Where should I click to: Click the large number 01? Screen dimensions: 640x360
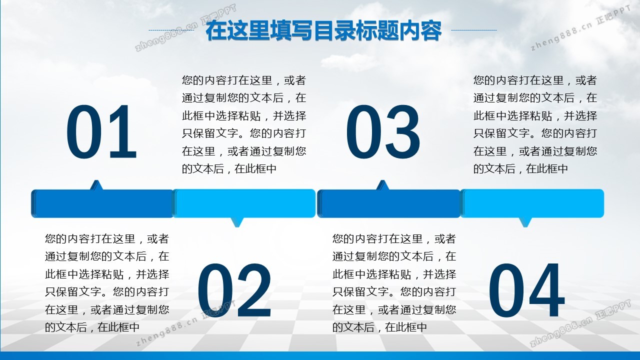[x=101, y=131]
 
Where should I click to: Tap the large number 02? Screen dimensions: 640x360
[x=234, y=290]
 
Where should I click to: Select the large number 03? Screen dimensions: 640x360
[x=383, y=131]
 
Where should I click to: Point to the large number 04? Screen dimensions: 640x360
[x=526, y=290]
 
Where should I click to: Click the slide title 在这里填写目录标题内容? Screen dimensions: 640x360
[x=323, y=30]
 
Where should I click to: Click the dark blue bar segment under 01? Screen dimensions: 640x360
[x=102, y=203]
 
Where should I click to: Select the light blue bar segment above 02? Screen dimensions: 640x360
[x=244, y=203]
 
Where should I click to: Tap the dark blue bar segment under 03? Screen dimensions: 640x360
[x=389, y=203]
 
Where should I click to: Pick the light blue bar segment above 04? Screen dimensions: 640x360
[x=532, y=203]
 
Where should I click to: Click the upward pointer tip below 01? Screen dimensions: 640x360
[x=96, y=180]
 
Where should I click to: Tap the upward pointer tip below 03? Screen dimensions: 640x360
[x=382, y=180]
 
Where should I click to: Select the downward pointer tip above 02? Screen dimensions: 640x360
[x=237, y=227]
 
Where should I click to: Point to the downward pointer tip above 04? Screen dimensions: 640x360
[x=525, y=227]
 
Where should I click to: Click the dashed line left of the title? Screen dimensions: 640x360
[x=171, y=30]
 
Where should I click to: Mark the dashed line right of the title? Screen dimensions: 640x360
[x=473, y=30]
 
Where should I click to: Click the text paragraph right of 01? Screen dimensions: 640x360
[x=244, y=124]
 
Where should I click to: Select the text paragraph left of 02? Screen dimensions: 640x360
[x=107, y=283]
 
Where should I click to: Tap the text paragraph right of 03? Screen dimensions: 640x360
[x=535, y=124]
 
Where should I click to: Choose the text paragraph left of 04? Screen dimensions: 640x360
[x=394, y=283]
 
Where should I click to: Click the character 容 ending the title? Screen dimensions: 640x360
[x=431, y=30]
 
